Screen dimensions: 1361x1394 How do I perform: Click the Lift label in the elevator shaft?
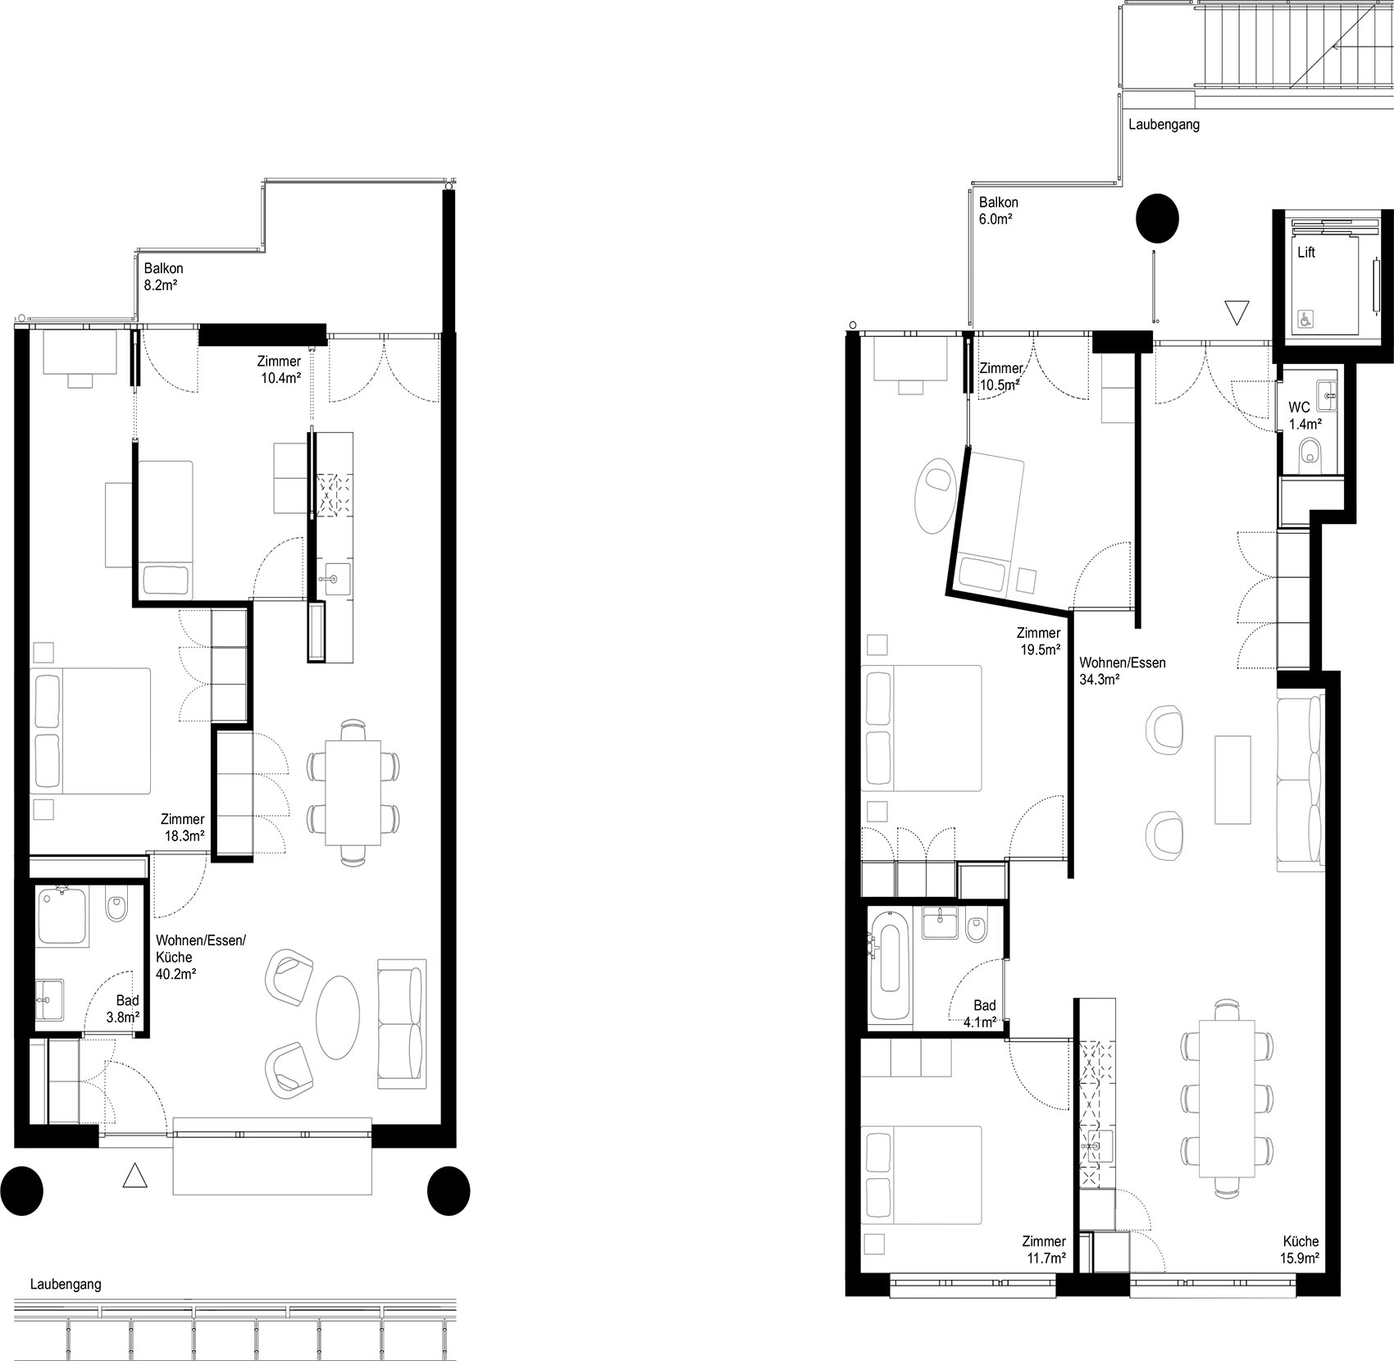coord(1306,253)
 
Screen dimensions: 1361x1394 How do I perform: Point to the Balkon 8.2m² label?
coord(163,276)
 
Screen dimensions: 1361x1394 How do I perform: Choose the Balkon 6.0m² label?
coord(998,210)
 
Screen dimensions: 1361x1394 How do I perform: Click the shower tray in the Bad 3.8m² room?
coord(63,917)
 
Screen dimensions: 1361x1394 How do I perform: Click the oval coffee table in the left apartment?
coord(338,1017)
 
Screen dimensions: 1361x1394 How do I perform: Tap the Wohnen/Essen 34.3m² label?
coord(1121,671)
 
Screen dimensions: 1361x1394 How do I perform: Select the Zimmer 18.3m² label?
coord(183,827)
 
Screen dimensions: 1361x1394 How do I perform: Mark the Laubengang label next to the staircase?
coord(1164,125)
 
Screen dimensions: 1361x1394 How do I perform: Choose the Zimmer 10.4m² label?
coord(279,369)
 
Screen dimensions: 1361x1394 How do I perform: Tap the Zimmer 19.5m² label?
coord(1038,641)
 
